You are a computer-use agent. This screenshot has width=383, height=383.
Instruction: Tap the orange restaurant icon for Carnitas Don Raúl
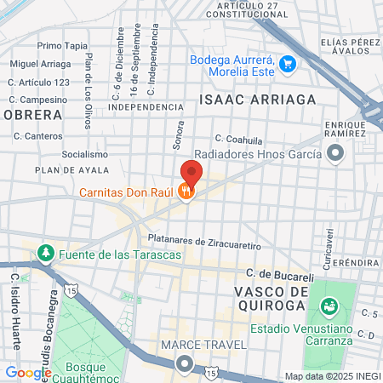[186, 192]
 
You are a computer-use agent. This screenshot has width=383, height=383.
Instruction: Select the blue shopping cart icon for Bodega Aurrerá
[288, 62]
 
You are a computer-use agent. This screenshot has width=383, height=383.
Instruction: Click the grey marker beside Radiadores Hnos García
[335, 154]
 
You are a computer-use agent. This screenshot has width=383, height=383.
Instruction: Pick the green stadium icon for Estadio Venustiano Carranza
[329, 306]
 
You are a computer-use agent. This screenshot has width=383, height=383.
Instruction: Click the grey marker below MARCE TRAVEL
[185, 365]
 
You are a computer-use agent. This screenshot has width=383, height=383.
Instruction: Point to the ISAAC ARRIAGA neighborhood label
[257, 100]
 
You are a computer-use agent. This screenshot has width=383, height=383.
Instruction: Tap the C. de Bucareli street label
[280, 276]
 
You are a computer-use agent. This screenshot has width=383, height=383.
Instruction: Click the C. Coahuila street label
[238, 139]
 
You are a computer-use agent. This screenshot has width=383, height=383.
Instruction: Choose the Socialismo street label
[84, 155]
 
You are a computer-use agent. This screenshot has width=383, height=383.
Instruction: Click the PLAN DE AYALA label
[68, 170]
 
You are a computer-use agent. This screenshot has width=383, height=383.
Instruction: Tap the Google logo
[28, 372]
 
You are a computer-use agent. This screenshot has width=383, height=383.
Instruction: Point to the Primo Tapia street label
[62, 45]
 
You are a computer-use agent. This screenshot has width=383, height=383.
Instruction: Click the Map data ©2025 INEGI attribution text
[331, 376]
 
